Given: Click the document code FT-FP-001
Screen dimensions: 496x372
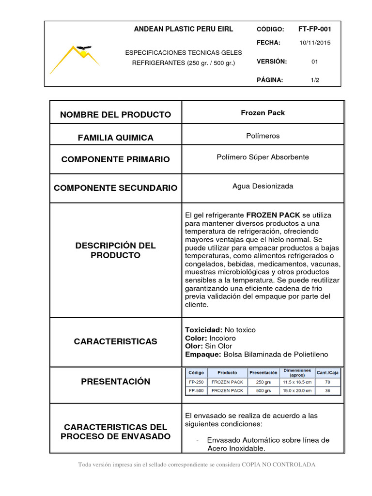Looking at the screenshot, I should tap(315, 29).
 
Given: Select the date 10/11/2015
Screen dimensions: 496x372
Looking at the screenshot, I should tap(315, 43).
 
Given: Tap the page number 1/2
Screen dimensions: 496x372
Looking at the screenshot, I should tap(315, 80).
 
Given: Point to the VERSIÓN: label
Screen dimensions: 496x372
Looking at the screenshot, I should tap(272, 62).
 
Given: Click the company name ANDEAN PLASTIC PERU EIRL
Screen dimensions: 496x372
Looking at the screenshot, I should tap(184, 29).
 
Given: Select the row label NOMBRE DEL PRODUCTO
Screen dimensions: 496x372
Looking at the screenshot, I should tap(115, 115).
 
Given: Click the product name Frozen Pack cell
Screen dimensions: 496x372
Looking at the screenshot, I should tap(263, 113).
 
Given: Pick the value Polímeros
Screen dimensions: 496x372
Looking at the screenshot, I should tap(263, 136).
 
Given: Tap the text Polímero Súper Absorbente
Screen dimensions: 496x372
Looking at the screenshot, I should tap(263, 157).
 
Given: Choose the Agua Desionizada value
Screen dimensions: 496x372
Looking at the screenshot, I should tap(263, 186).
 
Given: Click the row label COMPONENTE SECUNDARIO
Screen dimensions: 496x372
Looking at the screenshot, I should tap(115, 188).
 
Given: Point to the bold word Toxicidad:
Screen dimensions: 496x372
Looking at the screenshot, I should tap(204, 330).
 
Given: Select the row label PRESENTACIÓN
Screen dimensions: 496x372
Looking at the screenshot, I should tap(115, 382).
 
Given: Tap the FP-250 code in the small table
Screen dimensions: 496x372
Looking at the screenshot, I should tap(196, 382).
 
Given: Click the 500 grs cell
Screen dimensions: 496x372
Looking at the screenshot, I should tap(263, 390).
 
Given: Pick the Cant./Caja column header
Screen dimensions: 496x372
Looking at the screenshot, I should tap(328, 372).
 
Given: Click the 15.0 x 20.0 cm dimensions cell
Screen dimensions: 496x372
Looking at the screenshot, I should tap(297, 390).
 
